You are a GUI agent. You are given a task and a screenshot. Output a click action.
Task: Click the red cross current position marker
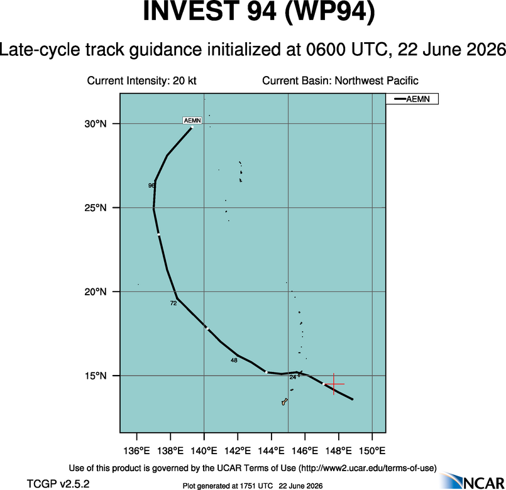tap(334, 384)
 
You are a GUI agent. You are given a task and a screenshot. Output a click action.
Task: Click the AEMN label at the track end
tap(192, 121)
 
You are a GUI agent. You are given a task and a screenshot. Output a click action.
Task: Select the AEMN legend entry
tap(412, 99)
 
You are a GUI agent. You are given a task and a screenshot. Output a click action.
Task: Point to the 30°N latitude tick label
tap(96, 124)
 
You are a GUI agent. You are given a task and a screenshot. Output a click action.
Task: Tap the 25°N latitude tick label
tap(96, 208)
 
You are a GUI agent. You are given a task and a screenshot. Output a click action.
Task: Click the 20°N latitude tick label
tap(96, 291)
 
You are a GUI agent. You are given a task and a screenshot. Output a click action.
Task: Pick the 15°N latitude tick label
tap(96, 376)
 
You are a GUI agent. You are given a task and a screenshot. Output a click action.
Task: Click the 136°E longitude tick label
tap(137, 450)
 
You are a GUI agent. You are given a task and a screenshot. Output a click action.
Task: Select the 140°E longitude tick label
tap(204, 450)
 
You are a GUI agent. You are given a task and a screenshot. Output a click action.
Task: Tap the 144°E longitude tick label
tap(272, 450)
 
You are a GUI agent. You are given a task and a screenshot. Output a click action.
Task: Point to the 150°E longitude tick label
tap(372, 450)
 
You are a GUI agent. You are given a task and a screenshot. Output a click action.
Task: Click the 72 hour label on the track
tap(173, 303)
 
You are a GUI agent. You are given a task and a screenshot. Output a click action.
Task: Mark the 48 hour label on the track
tap(234, 360)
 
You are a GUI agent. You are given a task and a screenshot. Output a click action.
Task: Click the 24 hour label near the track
tap(293, 377)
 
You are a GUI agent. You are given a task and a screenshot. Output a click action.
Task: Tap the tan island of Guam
tap(284, 402)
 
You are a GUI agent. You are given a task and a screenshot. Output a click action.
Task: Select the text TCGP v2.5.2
tap(58, 484)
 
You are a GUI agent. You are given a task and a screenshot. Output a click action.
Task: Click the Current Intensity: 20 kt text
tap(141, 80)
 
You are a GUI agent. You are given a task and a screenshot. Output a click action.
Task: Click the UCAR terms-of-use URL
tap(367, 468)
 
